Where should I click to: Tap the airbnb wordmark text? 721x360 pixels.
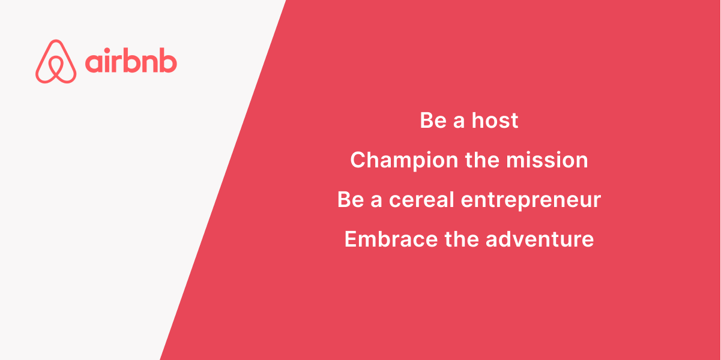[131, 60]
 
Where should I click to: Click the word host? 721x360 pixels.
[495, 121]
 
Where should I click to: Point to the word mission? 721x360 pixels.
[547, 160]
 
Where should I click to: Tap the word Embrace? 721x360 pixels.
[391, 239]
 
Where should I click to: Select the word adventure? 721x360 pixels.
[540, 239]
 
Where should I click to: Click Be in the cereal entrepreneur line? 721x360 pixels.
[351, 200]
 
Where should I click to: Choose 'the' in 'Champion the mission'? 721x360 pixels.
[482, 160]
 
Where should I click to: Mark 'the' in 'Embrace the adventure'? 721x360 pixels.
[462, 239]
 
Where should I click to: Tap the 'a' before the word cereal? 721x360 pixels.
[376, 202]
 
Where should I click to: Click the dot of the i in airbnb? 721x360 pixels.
[107, 50]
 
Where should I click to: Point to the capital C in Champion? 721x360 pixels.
[359, 160]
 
